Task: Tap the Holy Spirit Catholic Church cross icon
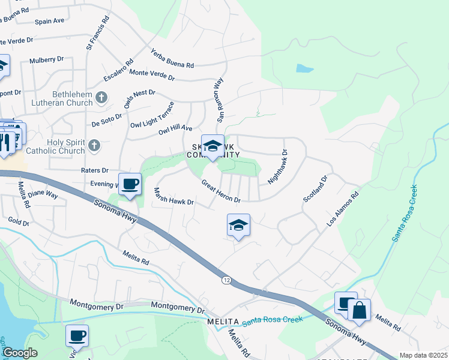[94, 146]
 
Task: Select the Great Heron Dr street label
[221, 191]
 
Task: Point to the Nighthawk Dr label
[277, 167]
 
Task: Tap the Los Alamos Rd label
[342, 209]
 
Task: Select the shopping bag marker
[359, 310]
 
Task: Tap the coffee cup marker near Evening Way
[130, 184]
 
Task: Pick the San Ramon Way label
[216, 99]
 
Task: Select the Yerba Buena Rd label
[172, 58]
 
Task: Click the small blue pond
[304, 69]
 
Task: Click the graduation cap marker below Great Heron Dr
[238, 226]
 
